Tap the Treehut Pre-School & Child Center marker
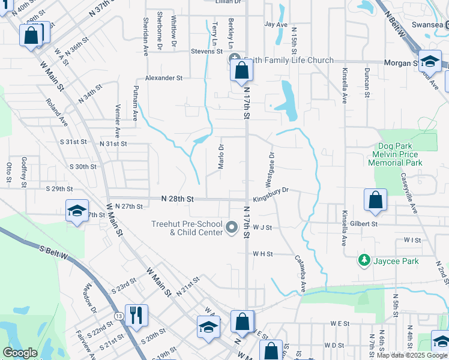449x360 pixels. (233, 228)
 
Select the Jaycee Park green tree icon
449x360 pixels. (364, 260)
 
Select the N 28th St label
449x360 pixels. (177, 198)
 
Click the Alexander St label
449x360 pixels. (163, 78)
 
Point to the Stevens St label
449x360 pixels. (207, 52)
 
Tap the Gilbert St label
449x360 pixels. (366, 223)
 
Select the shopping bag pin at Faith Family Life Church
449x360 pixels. (241, 71)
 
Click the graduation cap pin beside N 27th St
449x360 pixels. (77, 211)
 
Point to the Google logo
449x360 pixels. (20, 353)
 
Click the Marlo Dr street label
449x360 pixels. (221, 157)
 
